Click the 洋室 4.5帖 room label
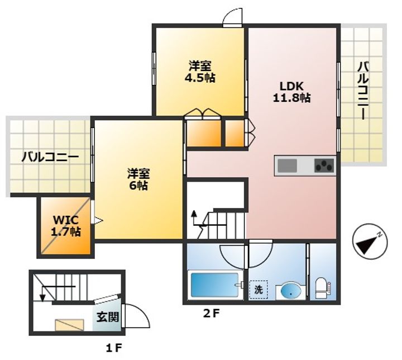coord(200,72)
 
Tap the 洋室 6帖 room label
coord(137,179)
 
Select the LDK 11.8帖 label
coord(291,92)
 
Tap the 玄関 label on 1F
coord(108,317)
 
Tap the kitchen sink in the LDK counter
coord(288,166)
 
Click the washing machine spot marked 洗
coord(259,290)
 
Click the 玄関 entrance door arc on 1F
coord(138,316)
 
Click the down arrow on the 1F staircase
coord(42,295)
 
